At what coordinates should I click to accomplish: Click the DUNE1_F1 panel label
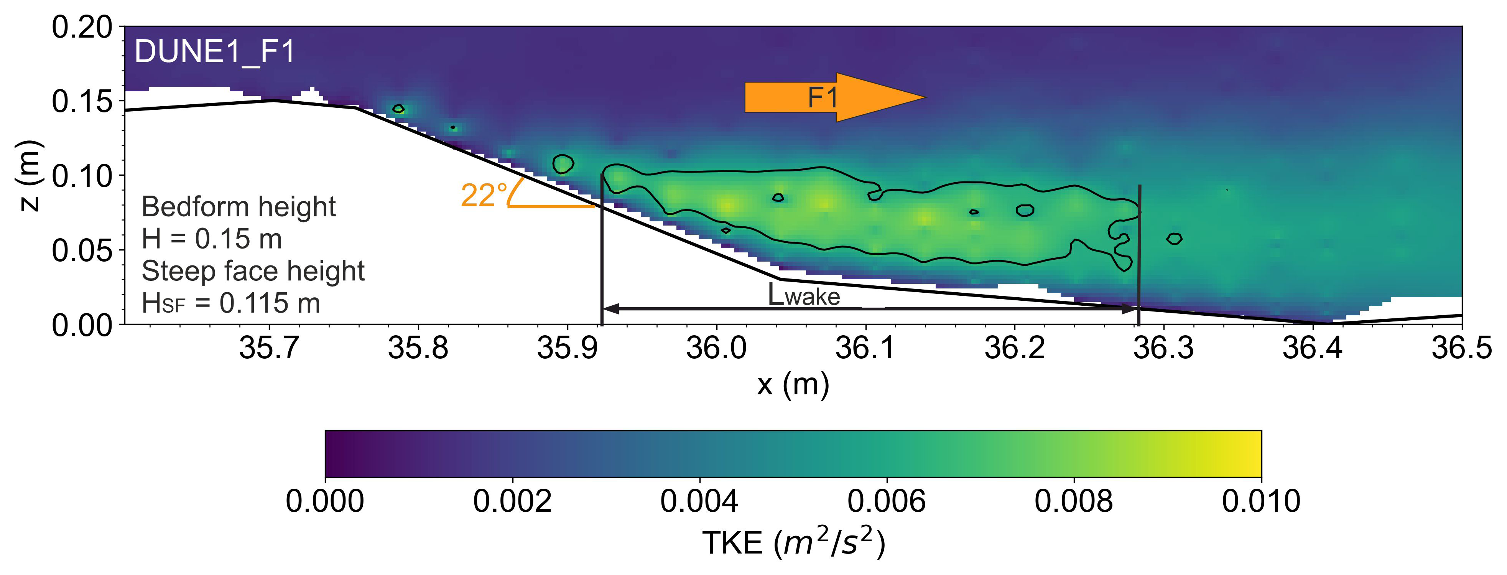point(215,52)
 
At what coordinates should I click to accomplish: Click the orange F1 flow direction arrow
point(834,97)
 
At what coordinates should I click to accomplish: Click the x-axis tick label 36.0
point(716,349)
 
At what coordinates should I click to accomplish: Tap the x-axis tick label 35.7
point(269,349)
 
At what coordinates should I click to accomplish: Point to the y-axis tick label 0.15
point(82,102)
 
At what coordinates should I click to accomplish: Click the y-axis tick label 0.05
point(82,251)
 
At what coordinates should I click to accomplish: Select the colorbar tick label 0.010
point(1261,502)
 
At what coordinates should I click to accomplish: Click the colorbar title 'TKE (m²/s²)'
point(793,544)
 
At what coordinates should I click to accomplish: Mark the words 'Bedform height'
point(239,207)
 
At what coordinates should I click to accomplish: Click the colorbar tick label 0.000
point(325,502)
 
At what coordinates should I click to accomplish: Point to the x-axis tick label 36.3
point(1163,349)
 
